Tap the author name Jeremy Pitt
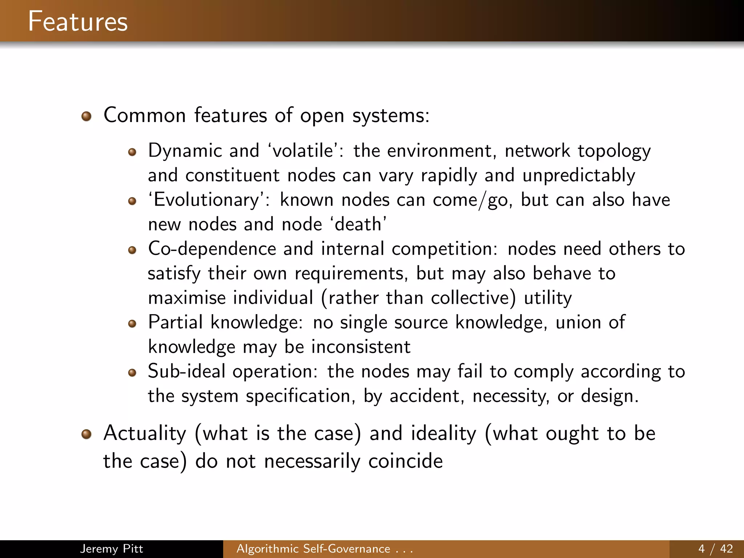click(x=111, y=549)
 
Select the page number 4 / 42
click(x=715, y=549)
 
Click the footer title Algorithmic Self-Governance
click(x=313, y=549)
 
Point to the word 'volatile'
click(x=302, y=150)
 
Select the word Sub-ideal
click(x=186, y=371)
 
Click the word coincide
click(x=405, y=461)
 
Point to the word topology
click(x=614, y=151)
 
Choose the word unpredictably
click(x=579, y=175)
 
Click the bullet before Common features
click(x=86, y=116)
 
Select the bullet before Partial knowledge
click(x=132, y=324)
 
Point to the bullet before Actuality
click(x=86, y=434)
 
